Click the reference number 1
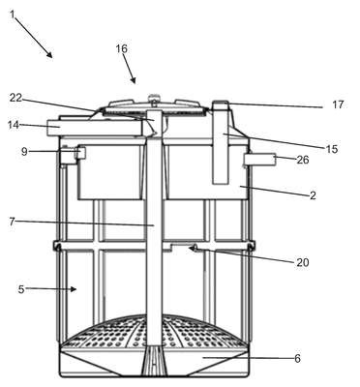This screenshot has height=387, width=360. [x=13, y=15]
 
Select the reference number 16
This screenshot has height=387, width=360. [x=122, y=48]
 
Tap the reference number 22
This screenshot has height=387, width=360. [x=15, y=98]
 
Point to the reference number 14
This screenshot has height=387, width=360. [x=14, y=125]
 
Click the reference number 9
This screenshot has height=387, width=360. [x=24, y=152]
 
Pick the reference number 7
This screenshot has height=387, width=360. [x=12, y=222]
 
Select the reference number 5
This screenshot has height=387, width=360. [x=21, y=289]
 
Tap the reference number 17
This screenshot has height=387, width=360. [x=338, y=104]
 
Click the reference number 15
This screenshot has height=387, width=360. [x=331, y=149]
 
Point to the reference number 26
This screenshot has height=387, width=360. [x=303, y=160]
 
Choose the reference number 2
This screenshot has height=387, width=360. [x=313, y=195]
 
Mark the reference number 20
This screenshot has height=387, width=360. [x=303, y=262]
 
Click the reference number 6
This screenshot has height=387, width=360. [x=297, y=358]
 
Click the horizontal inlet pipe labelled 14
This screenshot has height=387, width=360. [x=95, y=128]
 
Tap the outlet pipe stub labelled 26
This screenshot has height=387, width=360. [x=259, y=160]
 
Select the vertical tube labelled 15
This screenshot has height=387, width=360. [x=221, y=143]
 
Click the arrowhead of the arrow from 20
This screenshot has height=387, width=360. [x=193, y=248]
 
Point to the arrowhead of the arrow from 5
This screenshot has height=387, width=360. [x=74, y=289]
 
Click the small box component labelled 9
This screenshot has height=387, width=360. [x=80, y=153]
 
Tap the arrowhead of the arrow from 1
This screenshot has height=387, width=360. [x=49, y=55]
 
